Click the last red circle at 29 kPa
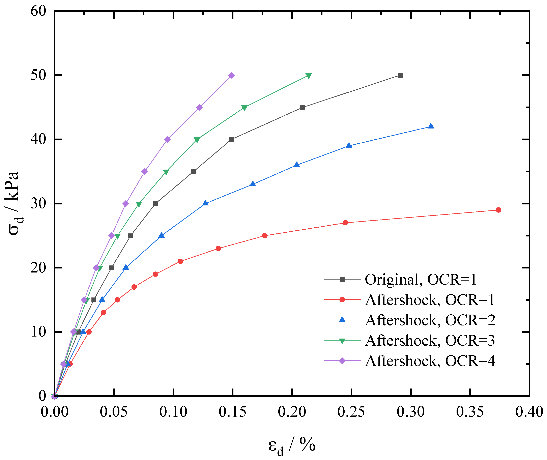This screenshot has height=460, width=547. pos(498,210)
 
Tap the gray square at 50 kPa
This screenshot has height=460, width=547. pos(400,75)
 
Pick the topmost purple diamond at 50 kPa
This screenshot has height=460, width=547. pos(231,75)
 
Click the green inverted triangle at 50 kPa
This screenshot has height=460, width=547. pos(308,76)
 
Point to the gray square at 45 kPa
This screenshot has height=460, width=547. pos(303,107)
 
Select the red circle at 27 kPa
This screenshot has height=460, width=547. pos(345,223)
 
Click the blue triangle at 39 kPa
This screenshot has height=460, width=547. pos(349,145)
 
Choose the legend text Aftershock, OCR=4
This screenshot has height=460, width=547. pos(430,361)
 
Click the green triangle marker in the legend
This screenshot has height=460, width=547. pos(342,341)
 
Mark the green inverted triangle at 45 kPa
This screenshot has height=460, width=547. pos(244,108)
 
